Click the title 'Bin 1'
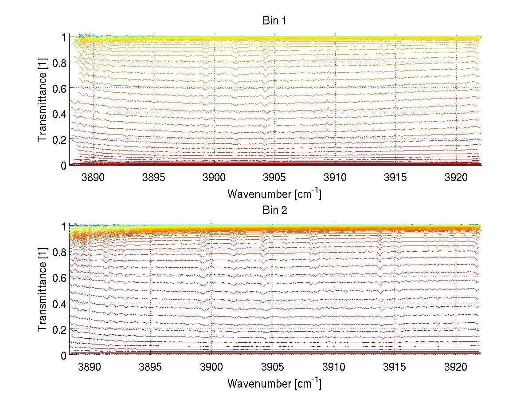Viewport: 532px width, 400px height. click(x=275, y=20)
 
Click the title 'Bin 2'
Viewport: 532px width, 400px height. click(x=275, y=210)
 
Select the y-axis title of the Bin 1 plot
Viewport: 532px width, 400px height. click(x=42, y=101)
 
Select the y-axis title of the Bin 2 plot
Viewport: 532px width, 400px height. click(x=42, y=291)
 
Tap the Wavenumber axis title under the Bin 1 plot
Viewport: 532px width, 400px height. click(x=274, y=194)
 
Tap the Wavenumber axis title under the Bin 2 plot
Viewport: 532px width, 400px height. click(x=274, y=383)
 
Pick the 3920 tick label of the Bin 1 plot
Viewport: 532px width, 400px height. click(x=455, y=178)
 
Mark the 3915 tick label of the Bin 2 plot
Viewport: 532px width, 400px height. click(x=395, y=368)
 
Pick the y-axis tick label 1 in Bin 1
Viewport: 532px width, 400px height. click(x=63, y=37)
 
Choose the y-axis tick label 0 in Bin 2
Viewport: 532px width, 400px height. click(x=63, y=355)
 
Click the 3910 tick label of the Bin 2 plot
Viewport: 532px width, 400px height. click(x=334, y=368)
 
